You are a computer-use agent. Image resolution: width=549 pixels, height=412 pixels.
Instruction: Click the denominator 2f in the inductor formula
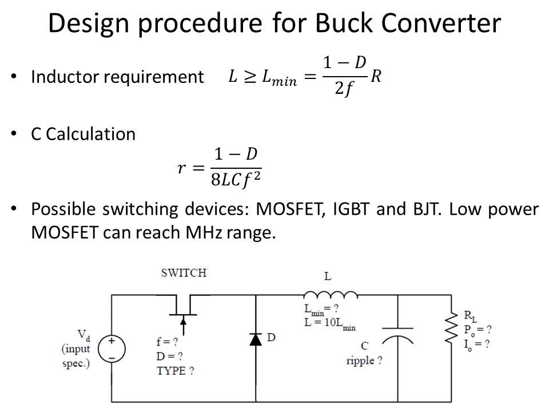(344, 88)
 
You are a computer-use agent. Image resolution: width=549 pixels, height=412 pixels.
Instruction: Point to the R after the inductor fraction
(376, 76)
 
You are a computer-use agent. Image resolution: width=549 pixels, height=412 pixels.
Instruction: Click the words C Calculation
(83, 134)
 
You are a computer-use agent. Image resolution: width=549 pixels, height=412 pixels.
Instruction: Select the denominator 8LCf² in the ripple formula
(236, 179)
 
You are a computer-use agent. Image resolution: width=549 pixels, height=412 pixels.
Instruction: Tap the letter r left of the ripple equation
(181, 168)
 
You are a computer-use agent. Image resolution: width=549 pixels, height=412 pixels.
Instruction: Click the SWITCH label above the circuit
(184, 273)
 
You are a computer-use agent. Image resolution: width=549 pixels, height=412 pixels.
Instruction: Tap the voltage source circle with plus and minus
(112, 348)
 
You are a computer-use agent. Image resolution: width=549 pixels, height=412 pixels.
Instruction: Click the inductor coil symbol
(331, 295)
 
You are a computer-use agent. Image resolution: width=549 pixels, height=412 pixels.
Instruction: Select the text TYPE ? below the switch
(175, 371)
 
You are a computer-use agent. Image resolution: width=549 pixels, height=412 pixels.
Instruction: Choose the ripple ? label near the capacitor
(364, 360)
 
